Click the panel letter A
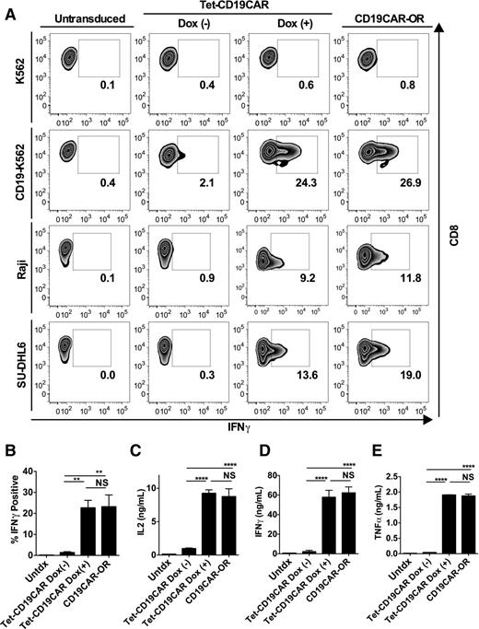tap(8, 8)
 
